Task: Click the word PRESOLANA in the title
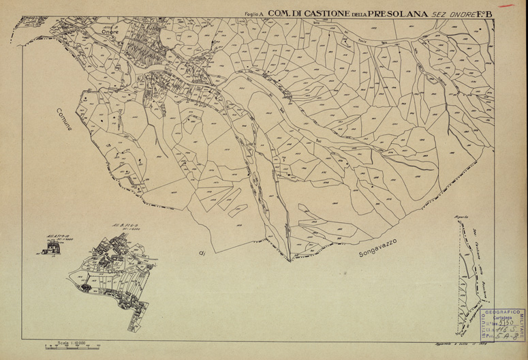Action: click(397, 12)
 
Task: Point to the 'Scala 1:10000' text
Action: click(71, 342)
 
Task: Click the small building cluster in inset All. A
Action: click(52, 250)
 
